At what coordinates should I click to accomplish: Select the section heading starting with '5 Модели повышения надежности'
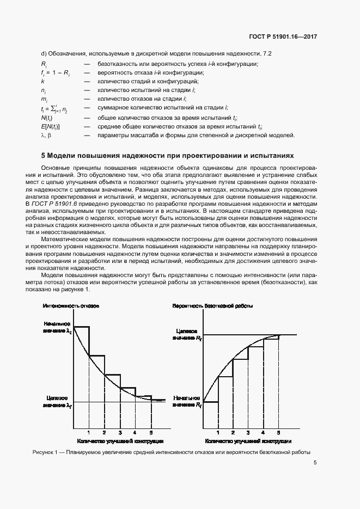click(x=167, y=155)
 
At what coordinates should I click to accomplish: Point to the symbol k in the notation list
click(x=42, y=81)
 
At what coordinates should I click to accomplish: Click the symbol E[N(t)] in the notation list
click(x=51, y=126)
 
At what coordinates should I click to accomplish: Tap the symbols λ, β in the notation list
click(x=46, y=135)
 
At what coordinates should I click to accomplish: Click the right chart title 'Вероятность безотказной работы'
click(x=212, y=306)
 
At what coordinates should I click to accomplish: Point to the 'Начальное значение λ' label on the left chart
click(x=58, y=327)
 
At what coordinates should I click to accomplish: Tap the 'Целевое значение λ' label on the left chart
click(x=58, y=401)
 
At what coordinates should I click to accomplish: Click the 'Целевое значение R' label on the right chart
click(x=187, y=335)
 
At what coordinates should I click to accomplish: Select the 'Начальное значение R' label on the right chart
click(x=187, y=402)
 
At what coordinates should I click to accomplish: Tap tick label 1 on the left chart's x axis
click(x=89, y=433)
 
